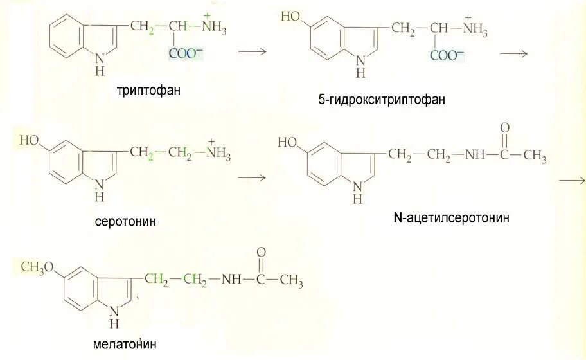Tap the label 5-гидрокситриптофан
click(381, 100)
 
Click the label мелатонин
click(125, 343)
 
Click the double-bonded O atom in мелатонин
click(261, 253)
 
